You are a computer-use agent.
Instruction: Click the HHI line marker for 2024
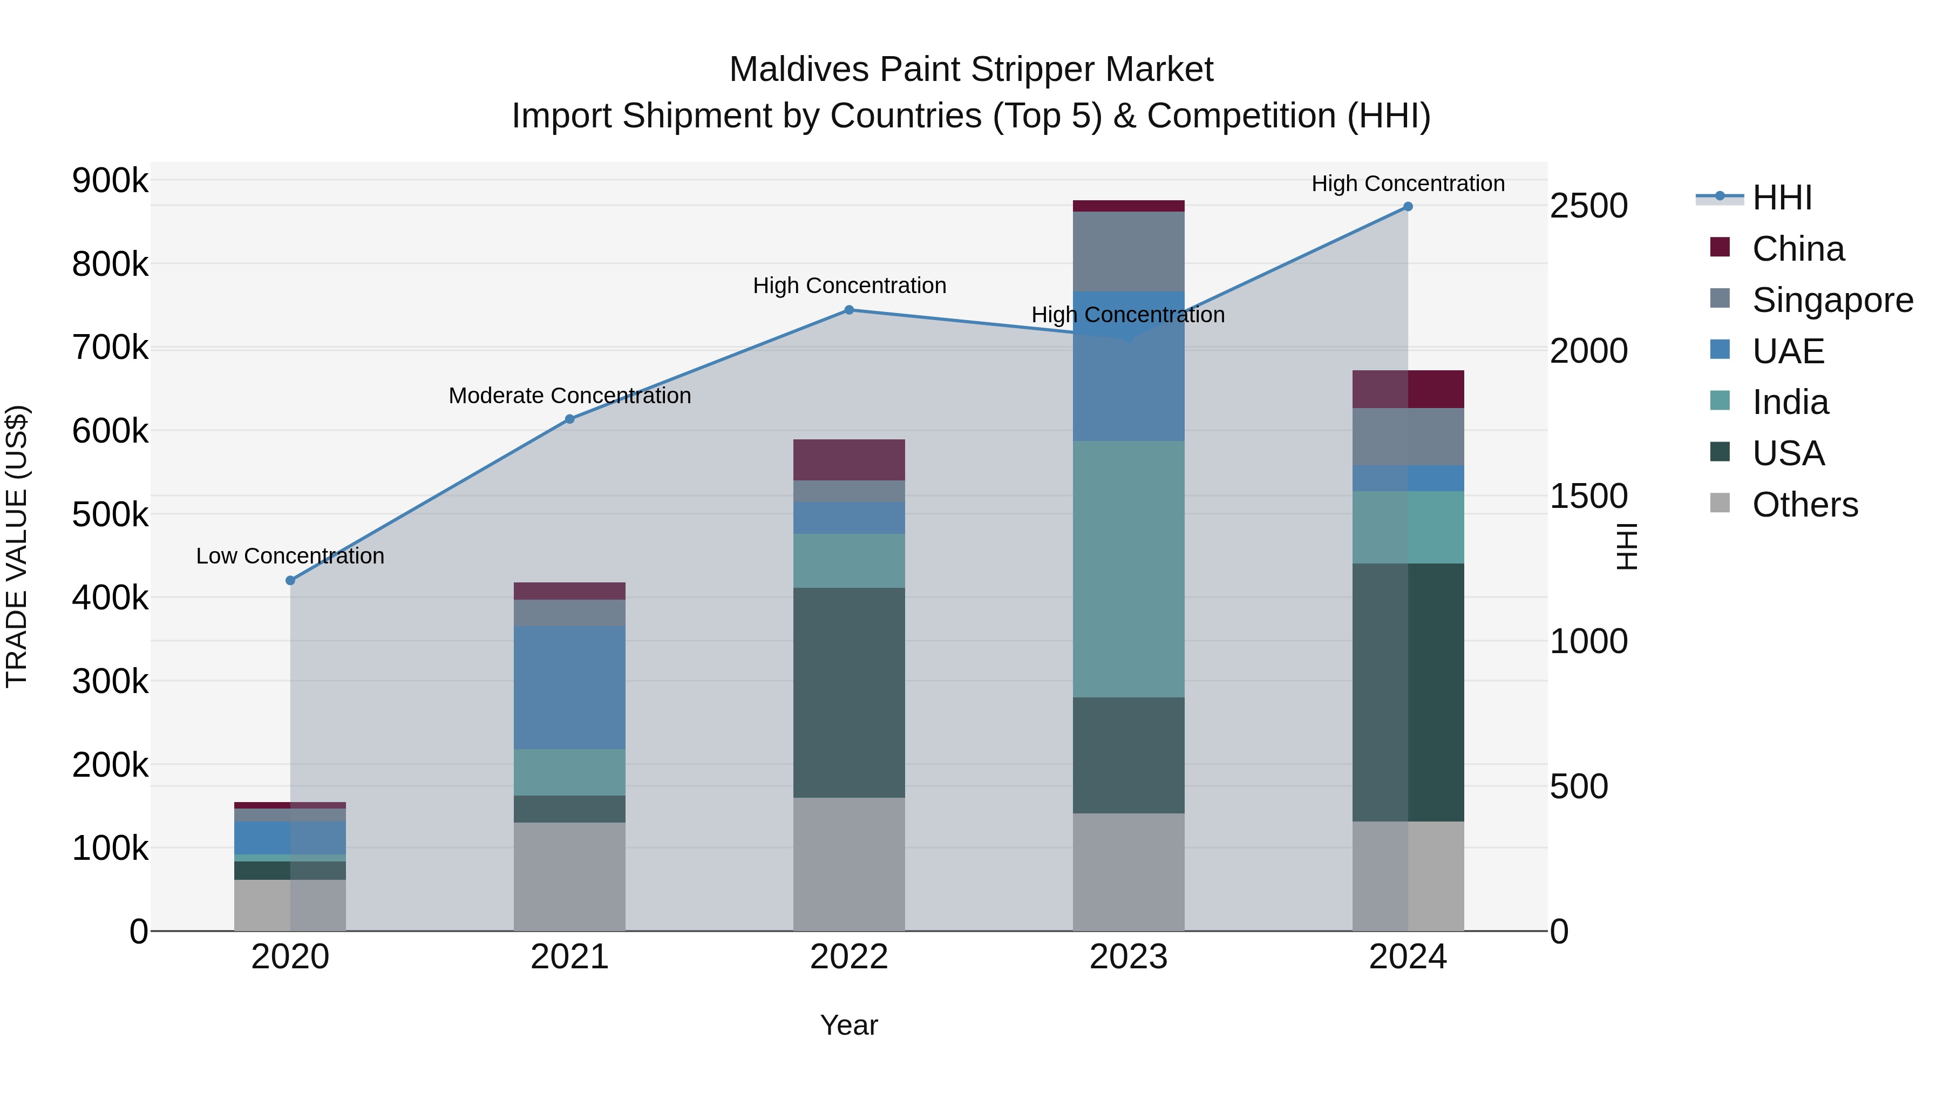(1408, 207)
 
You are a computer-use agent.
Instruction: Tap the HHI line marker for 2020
(290, 580)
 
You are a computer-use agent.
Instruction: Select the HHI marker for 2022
(848, 310)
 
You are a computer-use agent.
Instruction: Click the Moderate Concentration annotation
(569, 396)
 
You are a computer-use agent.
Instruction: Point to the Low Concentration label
(290, 556)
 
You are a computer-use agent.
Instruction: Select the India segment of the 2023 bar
(1129, 569)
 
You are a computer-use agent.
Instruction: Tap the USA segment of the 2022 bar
(848, 693)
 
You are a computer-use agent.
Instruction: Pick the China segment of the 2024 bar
(1408, 389)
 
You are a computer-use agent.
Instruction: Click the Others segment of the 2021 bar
(569, 877)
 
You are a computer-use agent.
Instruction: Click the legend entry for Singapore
(1832, 300)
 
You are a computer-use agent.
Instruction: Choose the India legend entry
(1790, 402)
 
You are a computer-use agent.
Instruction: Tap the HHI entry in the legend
(1781, 198)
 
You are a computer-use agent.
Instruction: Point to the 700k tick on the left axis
(110, 349)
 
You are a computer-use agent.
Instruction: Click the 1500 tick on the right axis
(1588, 497)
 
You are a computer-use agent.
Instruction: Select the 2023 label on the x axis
(1129, 957)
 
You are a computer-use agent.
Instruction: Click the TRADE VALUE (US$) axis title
(17, 547)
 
